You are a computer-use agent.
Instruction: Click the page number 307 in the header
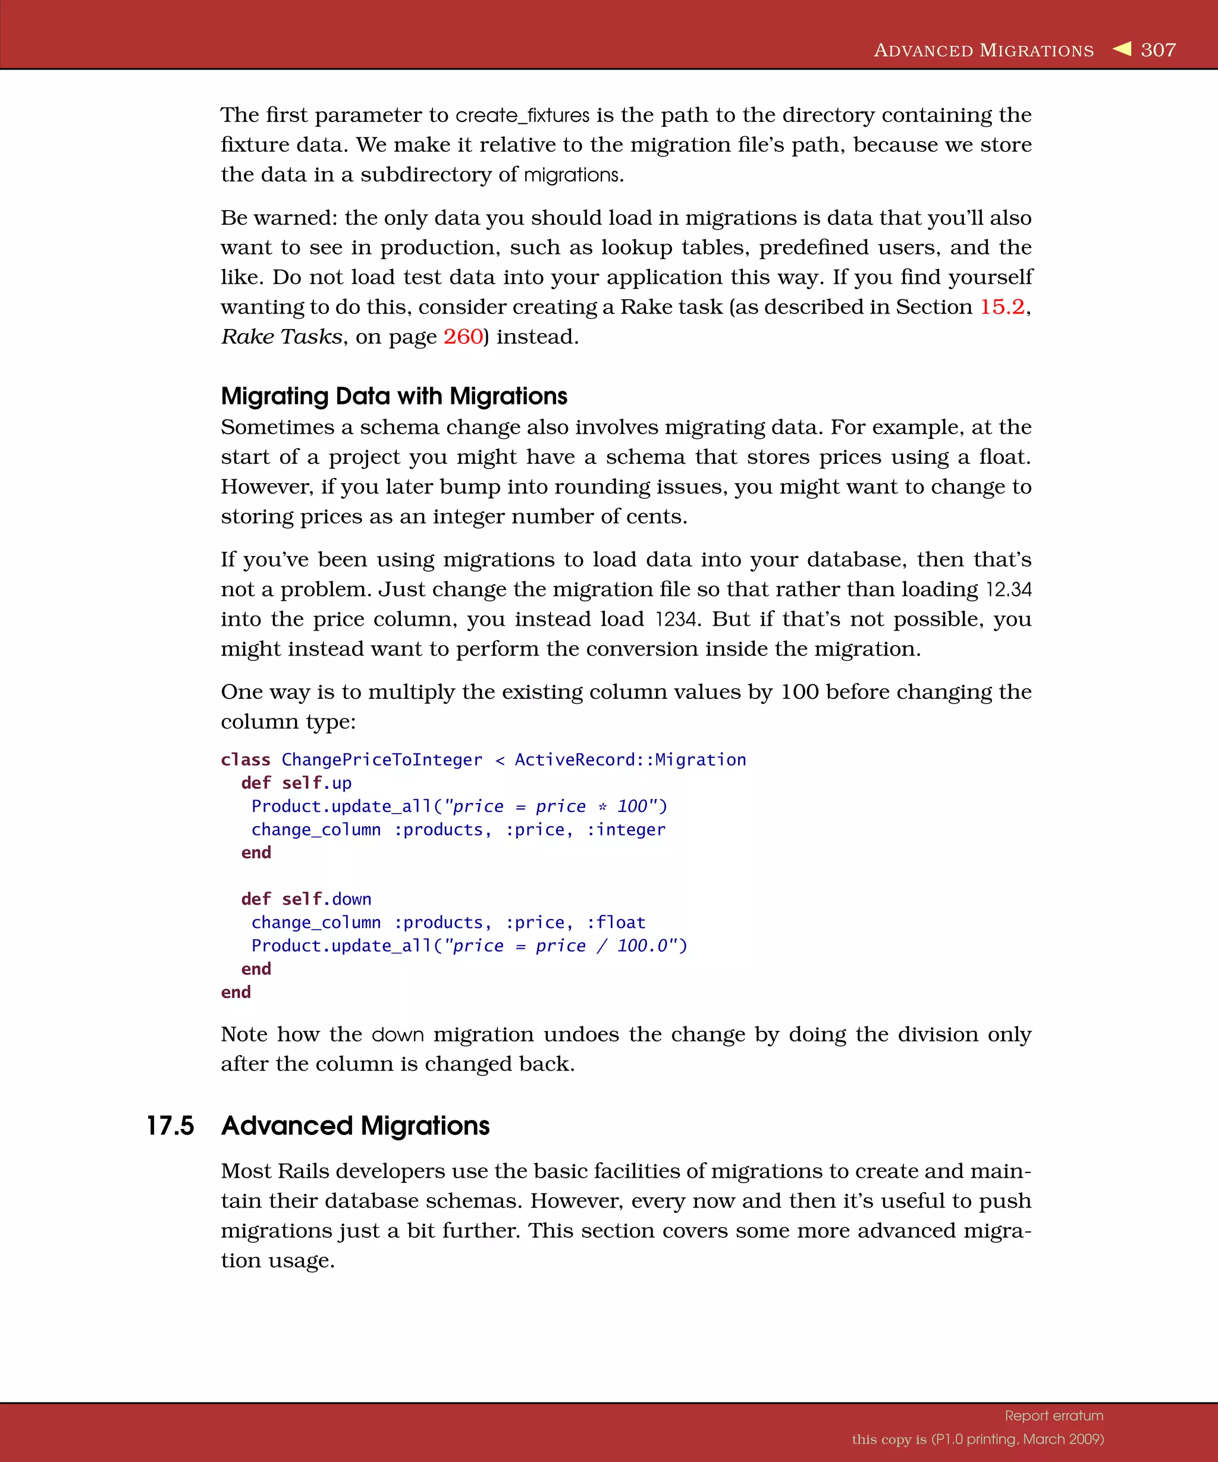click(1158, 50)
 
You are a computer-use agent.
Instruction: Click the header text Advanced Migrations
click(984, 51)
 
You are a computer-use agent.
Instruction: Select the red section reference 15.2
click(1002, 307)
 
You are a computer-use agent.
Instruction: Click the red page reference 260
click(463, 337)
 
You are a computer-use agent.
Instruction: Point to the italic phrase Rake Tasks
click(281, 337)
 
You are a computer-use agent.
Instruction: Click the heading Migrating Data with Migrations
click(394, 396)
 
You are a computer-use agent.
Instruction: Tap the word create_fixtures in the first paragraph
click(522, 115)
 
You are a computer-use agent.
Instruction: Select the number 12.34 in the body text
click(1009, 589)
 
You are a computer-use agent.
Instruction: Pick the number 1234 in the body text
click(676, 620)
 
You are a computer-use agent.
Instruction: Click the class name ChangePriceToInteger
click(381, 760)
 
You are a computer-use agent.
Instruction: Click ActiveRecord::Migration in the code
click(630, 760)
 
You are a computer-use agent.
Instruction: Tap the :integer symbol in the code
click(626, 830)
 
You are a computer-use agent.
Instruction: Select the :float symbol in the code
click(616, 923)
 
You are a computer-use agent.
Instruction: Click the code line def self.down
click(306, 899)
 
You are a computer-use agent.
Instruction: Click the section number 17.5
click(170, 1127)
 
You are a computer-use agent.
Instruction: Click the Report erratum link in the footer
click(1054, 1416)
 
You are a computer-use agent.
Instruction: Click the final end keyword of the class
click(236, 992)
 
